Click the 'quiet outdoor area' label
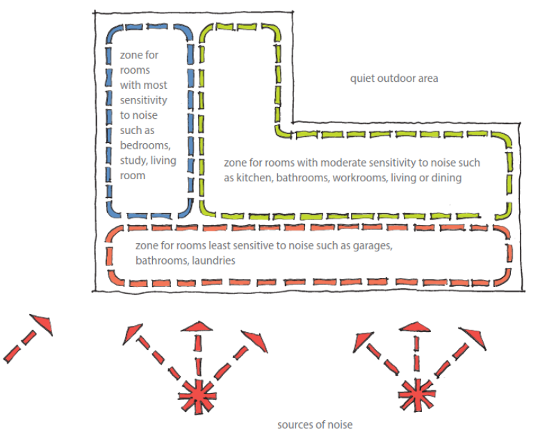click(394, 78)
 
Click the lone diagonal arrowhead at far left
click(42, 323)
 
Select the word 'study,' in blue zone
click(133, 161)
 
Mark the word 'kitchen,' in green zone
click(255, 178)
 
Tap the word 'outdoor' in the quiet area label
click(393, 78)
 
